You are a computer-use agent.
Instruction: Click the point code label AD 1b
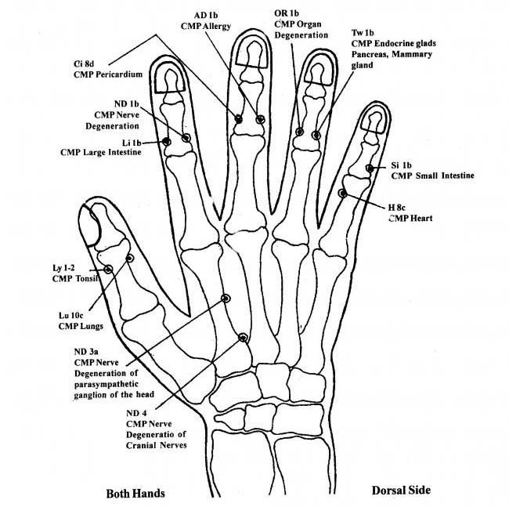tap(206, 15)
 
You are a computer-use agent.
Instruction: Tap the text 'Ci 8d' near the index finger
tap(84, 63)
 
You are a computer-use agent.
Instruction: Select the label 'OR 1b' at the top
tap(287, 13)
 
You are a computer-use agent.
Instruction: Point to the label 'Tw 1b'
tap(363, 33)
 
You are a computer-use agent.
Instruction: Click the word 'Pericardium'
tap(119, 74)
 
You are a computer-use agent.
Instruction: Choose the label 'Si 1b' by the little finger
tap(401, 165)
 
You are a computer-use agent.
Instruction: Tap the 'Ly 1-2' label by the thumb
tap(63, 268)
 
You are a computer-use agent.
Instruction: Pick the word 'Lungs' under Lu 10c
tap(92, 326)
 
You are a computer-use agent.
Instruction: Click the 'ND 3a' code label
tap(86, 352)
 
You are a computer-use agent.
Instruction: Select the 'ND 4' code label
tap(136, 413)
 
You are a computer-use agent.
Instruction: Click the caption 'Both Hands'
tap(135, 494)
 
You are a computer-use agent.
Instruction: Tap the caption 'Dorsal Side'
tap(401, 490)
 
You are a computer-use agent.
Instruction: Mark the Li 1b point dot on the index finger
tap(167, 141)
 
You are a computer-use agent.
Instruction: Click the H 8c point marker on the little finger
tap(342, 194)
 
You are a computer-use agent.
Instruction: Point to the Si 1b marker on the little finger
tap(370, 168)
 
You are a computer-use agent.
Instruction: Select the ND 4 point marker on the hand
tap(243, 338)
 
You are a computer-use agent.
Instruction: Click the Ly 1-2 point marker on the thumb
tap(108, 269)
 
